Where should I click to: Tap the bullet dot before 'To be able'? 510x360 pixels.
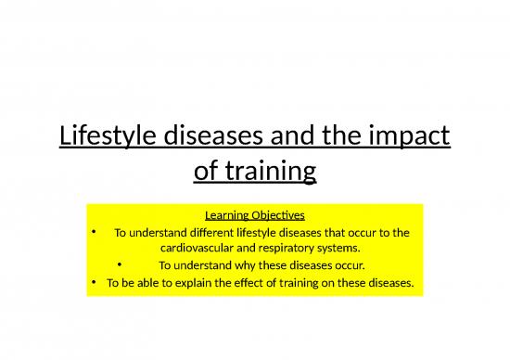click(x=96, y=283)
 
